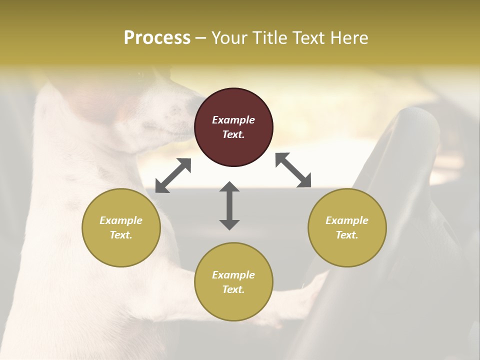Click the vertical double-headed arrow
[x=229, y=205]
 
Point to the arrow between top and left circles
[x=173, y=175]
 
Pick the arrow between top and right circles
[x=293, y=170]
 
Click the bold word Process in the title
[x=157, y=38]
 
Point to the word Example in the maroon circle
[x=233, y=120]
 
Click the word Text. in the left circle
[x=121, y=235]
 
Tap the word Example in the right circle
[x=347, y=220]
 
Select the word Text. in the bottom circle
[x=233, y=289]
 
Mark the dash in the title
[x=200, y=38]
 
